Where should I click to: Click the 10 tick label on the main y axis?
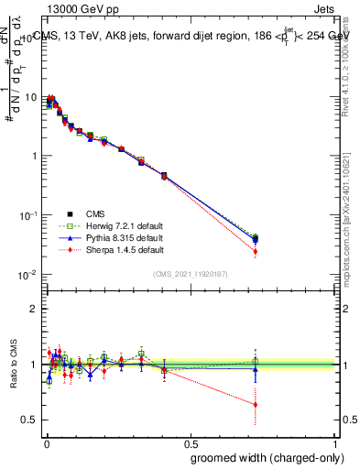point(28,97)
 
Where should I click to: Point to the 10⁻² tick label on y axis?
point(27,275)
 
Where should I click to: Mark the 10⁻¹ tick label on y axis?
point(27,215)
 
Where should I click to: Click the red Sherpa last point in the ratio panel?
point(256,404)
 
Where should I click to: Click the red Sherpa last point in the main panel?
point(256,251)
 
